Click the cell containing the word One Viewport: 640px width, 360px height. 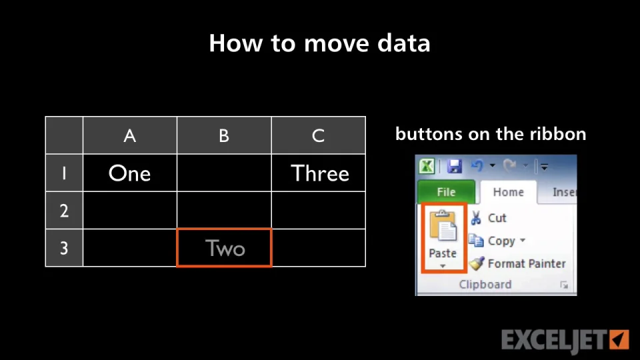point(130,173)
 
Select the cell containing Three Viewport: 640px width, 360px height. point(319,173)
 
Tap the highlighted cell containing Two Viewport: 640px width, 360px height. point(224,248)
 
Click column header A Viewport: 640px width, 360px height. point(130,135)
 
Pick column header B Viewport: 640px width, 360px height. point(224,135)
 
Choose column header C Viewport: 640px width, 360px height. point(319,135)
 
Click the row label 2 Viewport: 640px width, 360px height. point(64,211)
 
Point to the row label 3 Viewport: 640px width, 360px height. point(64,248)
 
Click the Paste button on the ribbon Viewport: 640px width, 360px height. point(443,238)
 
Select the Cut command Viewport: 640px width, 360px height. point(488,218)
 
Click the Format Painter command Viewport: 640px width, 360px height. point(517,264)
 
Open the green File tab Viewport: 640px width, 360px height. point(446,192)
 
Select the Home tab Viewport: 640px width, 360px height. point(508,192)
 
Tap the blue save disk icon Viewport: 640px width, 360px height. point(454,166)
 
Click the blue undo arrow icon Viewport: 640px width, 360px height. point(477,165)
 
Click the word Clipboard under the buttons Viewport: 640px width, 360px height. point(485,284)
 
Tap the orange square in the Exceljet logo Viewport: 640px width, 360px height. point(619,339)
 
